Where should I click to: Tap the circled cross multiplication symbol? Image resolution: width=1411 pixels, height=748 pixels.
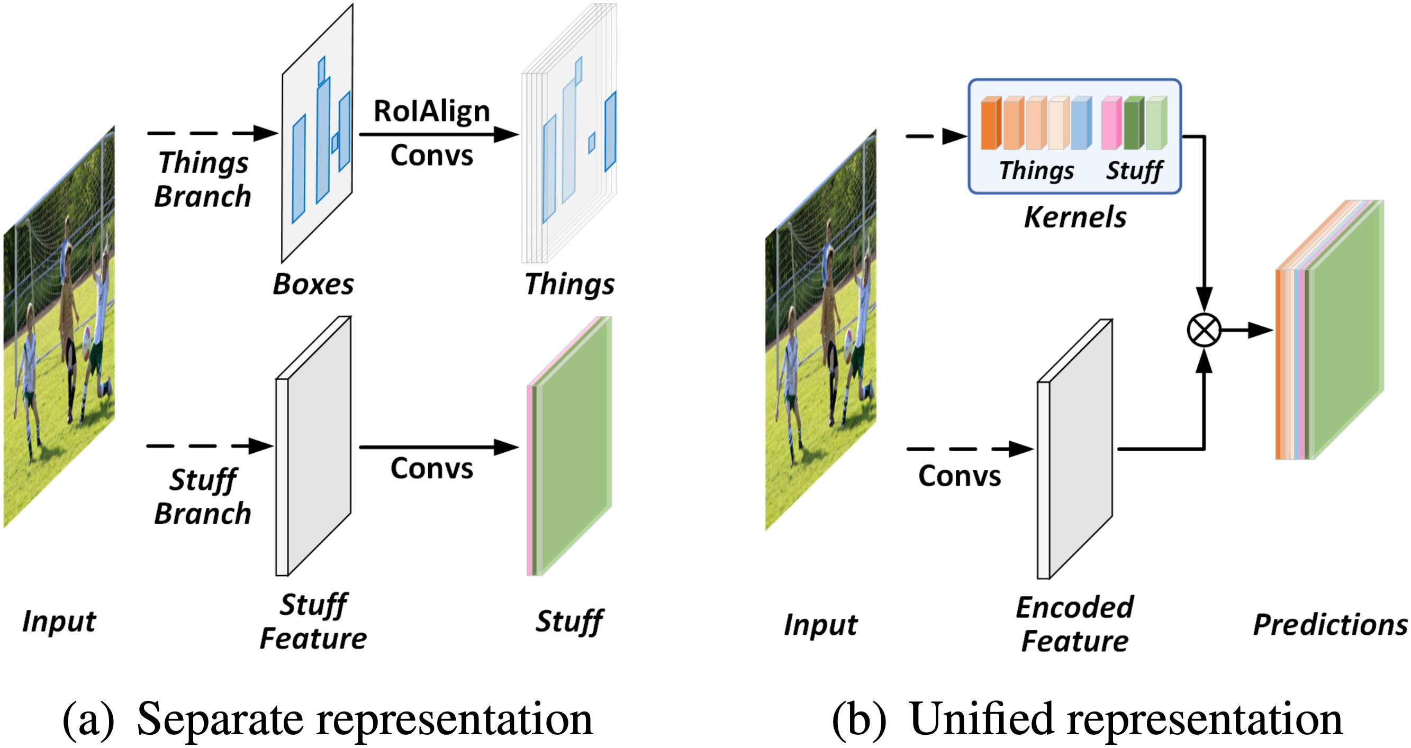click(1204, 330)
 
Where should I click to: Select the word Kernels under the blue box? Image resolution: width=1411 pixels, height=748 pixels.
click(1075, 217)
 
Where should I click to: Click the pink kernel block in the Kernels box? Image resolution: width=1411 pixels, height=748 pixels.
click(1111, 123)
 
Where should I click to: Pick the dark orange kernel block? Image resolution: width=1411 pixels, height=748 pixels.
click(990, 123)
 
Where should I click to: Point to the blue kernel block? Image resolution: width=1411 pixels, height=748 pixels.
click(1081, 123)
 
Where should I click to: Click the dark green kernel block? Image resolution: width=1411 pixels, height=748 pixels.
click(1133, 123)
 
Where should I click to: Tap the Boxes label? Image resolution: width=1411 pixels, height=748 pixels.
click(313, 284)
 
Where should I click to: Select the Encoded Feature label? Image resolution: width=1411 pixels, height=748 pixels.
click(1075, 624)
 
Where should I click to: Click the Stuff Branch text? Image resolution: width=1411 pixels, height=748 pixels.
click(203, 496)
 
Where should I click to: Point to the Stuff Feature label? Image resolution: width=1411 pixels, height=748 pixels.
click(313, 622)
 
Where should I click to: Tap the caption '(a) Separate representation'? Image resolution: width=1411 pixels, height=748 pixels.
click(328, 719)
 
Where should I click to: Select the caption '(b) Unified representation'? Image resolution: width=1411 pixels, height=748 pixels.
click(1087, 719)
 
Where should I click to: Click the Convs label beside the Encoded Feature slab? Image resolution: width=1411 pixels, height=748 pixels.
click(959, 476)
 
